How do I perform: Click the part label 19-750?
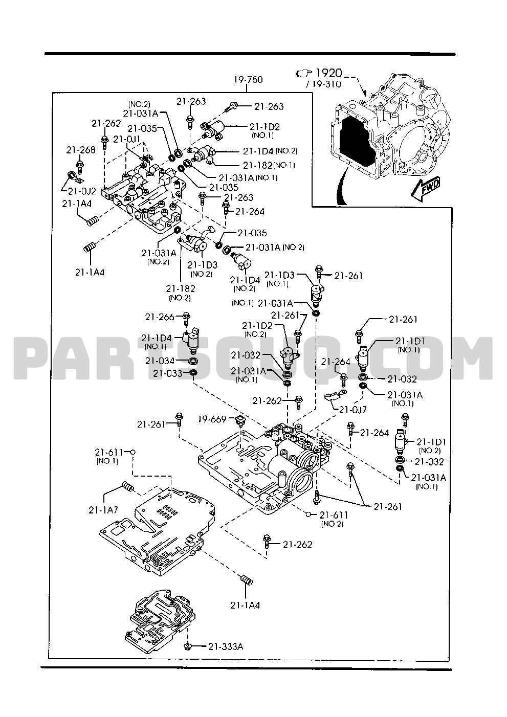(x=248, y=79)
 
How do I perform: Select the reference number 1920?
(x=329, y=73)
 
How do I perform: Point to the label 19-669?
(x=212, y=419)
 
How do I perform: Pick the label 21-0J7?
(x=353, y=410)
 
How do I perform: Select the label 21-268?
(x=81, y=150)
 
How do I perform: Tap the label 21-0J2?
(x=82, y=191)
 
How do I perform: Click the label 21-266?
(x=160, y=317)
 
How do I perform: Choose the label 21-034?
(x=160, y=361)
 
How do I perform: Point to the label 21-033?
(x=167, y=373)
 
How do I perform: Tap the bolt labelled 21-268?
(x=80, y=167)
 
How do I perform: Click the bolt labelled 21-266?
(x=186, y=319)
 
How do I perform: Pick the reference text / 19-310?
(x=323, y=84)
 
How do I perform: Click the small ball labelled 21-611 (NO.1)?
(x=133, y=452)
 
